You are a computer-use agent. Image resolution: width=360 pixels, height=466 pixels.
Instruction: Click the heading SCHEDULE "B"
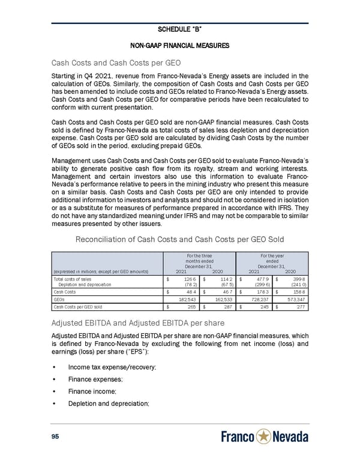[x=179, y=29]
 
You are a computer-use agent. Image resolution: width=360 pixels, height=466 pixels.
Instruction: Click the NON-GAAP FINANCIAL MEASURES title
[x=179, y=46]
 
